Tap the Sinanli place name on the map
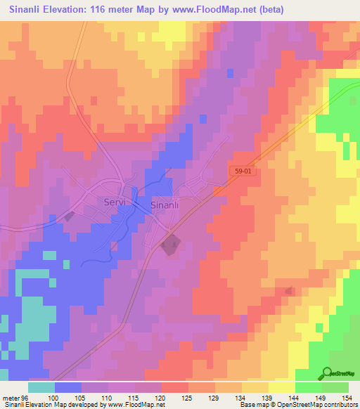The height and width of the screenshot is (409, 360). click(x=167, y=204)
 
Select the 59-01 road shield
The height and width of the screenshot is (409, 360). click(x=240, y=171)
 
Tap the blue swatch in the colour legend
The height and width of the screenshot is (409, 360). click(x=67, y=387)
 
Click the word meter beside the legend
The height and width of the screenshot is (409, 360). click(x=10, y=398)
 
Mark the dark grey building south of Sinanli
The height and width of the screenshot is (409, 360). click(x=169, y=246)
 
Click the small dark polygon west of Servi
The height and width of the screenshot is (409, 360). click(x=69, y=217)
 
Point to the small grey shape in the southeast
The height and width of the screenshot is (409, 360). click(x=289, y=290)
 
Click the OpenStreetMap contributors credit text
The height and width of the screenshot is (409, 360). click(x=321, y=405)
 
